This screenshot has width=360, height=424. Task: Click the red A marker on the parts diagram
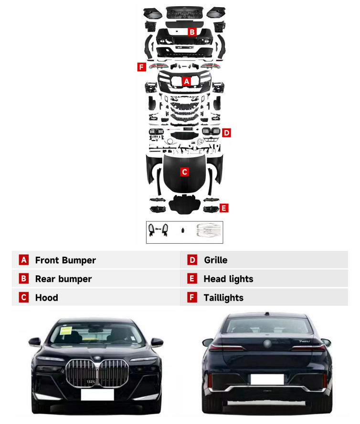point(186,81)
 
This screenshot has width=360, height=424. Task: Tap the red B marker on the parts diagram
point(192,32)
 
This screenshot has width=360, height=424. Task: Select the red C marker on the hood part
point(184,172)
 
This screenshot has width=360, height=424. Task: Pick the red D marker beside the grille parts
point(226,133)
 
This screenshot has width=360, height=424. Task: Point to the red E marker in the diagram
point(224,208)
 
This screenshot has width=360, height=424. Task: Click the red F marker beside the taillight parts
point(141,67)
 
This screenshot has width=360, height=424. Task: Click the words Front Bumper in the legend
point(65,260)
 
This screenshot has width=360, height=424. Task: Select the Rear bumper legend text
point(64,279)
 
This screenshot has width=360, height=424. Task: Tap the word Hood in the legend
point(47,297)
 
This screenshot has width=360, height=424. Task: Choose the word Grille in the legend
point(215,260)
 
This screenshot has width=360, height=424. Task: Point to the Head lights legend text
point(229,279)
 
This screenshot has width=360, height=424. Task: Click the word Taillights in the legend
point(223,298)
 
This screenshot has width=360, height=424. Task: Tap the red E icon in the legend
point(192,279)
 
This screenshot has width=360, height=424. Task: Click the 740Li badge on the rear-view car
point(304,341)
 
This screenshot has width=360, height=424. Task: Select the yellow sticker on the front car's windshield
point(65,330)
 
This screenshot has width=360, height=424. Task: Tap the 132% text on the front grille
point(91,381)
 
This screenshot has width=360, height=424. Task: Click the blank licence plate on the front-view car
point(97,394)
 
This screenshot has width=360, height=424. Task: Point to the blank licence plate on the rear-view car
point(267,379)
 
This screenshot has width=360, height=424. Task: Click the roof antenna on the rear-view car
point(267,314)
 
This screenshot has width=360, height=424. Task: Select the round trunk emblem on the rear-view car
point(267,344)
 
